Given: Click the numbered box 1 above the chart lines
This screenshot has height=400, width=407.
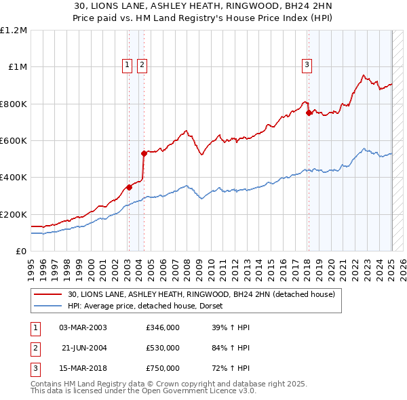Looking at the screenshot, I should coord(128,65).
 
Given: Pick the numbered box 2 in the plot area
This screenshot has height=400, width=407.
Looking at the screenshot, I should coord(142,65).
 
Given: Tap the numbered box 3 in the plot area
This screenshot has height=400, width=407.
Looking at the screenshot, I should coord(307,65).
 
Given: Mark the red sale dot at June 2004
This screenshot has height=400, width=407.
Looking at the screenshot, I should coord(144,153).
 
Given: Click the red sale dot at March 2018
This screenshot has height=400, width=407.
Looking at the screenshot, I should coord(309,113).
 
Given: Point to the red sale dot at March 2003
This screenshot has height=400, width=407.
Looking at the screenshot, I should coord(128,187).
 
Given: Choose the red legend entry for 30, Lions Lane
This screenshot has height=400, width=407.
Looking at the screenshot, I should coord(201,295).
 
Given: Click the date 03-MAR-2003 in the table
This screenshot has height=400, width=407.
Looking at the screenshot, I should coord(83,327).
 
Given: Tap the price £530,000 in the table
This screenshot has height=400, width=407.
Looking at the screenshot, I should coord(163,348).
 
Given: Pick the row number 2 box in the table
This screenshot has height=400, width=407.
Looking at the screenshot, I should coord(35,348).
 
